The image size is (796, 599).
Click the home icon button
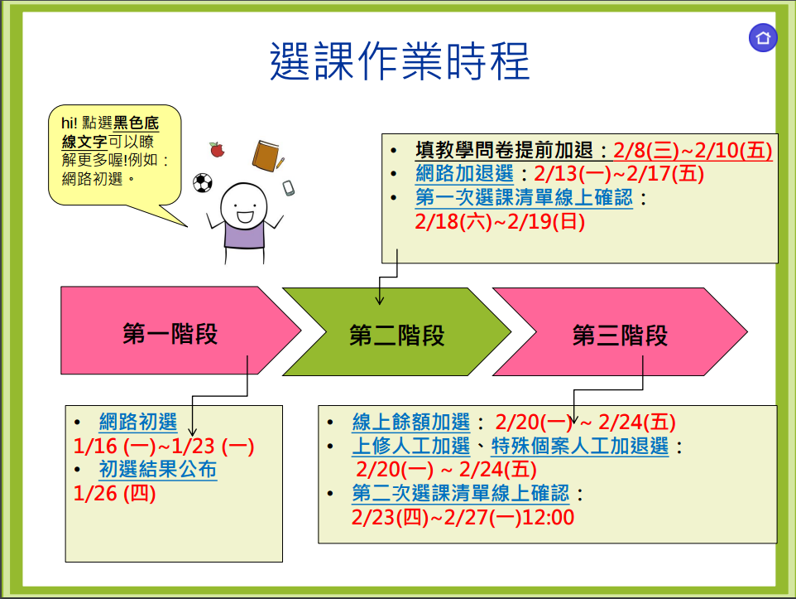pos(763,37)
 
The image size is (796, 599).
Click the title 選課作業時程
pos(400,61)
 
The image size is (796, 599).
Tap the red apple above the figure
pos(218,149)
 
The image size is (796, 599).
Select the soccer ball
pos(203,183)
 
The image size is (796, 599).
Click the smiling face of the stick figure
pos(243,206)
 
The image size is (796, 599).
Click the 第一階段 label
pos(170,334)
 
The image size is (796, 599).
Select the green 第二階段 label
pos(396,336)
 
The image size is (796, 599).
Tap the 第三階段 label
pos(620,336)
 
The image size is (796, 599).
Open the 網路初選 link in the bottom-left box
pos(138,422)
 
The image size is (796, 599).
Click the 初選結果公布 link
pos(158,469)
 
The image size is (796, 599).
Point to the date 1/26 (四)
pos(115,493)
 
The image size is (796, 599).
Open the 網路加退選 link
pos(464,174)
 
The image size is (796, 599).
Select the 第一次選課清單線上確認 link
pos(524,197)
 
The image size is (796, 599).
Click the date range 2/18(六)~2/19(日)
pos(500,222)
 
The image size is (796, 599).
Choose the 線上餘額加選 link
pos(411,422)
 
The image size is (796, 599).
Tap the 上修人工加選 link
pos(411,446)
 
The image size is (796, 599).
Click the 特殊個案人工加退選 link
pos(580,446)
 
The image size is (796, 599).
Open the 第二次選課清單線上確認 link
pos(461,493)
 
